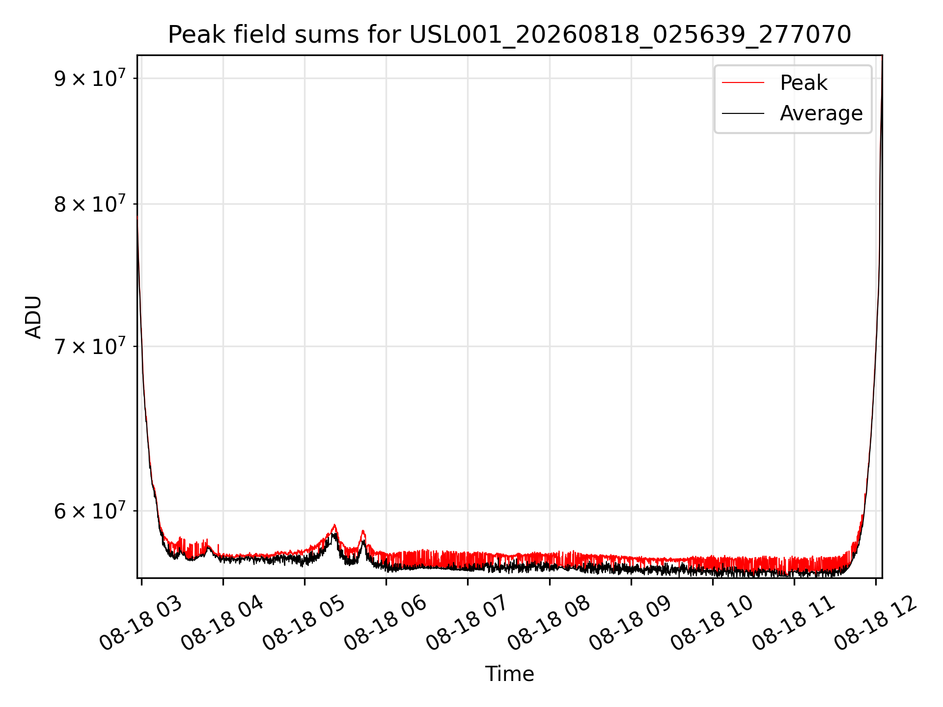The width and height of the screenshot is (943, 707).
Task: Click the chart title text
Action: click(x=509, y=35)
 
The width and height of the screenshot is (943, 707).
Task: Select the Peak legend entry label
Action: click(x=804, y=83)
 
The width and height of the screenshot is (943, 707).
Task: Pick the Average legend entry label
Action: click(x=821, y=113)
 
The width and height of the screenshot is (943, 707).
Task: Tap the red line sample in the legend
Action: click(x=743, y=83)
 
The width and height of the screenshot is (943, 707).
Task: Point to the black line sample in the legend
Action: click(x=743, y=113)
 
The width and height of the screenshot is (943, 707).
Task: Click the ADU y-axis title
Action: click(x=33, y=317)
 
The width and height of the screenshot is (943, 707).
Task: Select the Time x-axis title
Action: click(x=509, y=674)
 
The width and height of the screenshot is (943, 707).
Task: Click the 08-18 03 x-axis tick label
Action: click(x=141, y=624)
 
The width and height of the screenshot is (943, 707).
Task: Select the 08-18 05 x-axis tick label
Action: click(x=304, y=624)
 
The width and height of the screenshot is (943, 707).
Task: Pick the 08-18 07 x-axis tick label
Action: click(x=467, y=624)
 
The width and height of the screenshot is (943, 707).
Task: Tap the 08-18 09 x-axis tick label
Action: click(x=630, y=624)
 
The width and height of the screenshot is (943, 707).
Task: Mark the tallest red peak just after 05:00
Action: click(x=334, y=525)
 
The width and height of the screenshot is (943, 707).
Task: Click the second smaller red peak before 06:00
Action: click(x=363, y=531)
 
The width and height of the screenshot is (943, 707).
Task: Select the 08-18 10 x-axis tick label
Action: click(x=712, y=624)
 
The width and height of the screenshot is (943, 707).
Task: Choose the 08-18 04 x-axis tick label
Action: click(x=222, y=624)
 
